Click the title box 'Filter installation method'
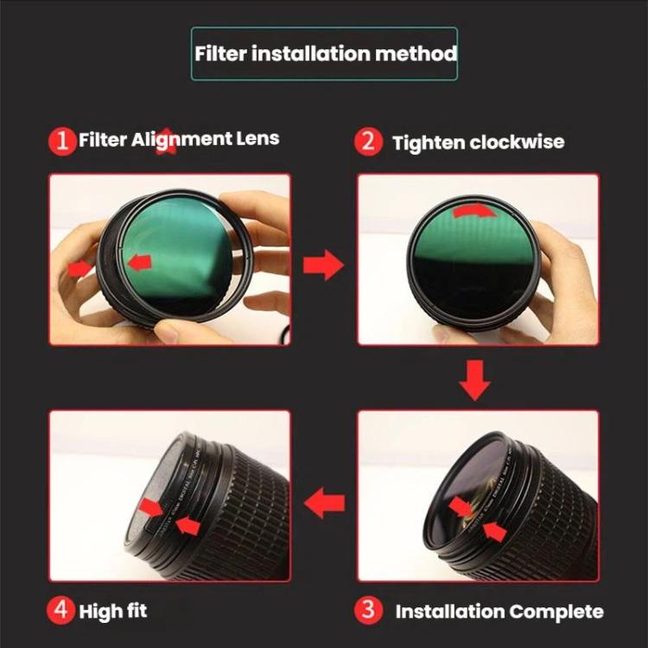[x=324, y=54]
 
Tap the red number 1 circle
[x=62, y=141]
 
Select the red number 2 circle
[x=368, y=141]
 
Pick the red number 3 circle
[x=369, y=610]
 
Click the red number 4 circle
[x=61, y=610]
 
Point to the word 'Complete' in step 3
[x=556, y=612]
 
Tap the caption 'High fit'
[x=112, y=612]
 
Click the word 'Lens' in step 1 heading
[x=258, y=138]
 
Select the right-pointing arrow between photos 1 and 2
[x=323, y=266]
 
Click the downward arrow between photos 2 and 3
[x=474, y=380]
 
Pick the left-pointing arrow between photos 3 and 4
[x=326, y=502]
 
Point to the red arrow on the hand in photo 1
[x=80, y=269]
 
